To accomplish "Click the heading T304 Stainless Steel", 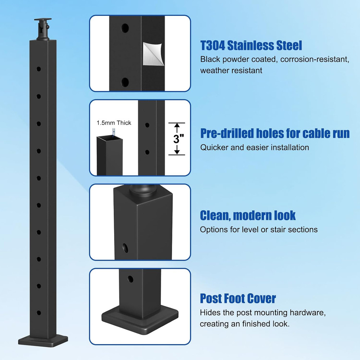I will tap(251, 46).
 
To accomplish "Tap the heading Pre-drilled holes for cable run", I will tap(275, 134).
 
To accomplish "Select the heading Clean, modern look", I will tap(248, 215).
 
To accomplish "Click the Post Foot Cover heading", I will tap(238, 298).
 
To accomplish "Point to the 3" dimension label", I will tap(176, 139).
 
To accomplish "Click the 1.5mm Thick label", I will tap(114, 123).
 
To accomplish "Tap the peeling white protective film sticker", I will tap(153, 54).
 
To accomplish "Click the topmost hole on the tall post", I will tap(39, 69).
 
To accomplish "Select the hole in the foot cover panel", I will tap(130, 279).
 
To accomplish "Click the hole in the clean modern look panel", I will tap(126, 247).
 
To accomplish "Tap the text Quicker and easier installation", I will tap(255, 147).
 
